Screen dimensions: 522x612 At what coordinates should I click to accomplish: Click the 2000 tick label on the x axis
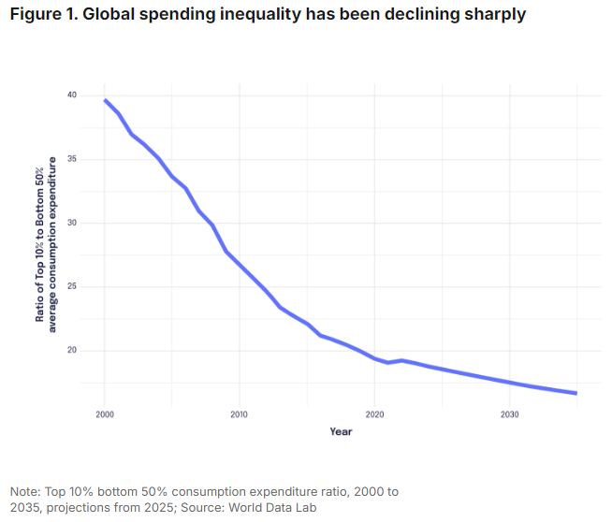104,413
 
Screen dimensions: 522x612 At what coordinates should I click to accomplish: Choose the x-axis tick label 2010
239,413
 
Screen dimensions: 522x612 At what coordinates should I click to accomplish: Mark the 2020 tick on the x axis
374,413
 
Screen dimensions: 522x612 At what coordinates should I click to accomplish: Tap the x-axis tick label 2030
509,413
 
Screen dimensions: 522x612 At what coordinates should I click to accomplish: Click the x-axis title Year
341,431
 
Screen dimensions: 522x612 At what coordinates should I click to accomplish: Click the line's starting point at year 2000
105,100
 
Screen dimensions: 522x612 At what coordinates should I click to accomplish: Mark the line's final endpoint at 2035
576,393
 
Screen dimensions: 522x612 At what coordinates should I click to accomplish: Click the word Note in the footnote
24,491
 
